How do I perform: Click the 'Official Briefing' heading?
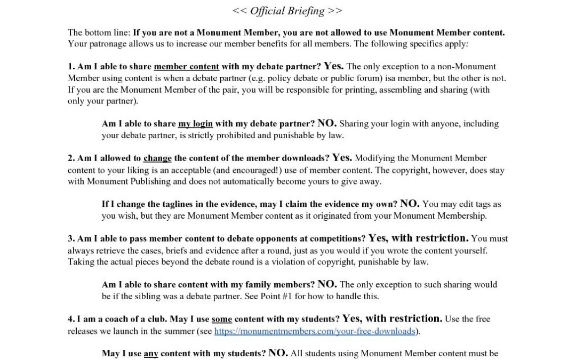[287, 11]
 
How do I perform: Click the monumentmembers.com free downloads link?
[314, 331]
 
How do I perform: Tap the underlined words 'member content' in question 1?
[186, 67]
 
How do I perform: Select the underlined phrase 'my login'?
[195, 124]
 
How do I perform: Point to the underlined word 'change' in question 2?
[157, 158]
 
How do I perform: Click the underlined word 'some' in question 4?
[222, 319]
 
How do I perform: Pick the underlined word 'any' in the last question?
[151, 354]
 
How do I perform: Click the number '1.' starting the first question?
[71, 67]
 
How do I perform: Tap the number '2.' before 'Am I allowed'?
[71, 158]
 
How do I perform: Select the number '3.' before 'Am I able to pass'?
[71, 239]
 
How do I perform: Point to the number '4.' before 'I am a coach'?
[71, 319]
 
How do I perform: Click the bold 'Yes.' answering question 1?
[334, 66]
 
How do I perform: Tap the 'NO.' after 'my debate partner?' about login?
[327, 123]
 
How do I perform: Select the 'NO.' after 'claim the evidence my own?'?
[410, 204]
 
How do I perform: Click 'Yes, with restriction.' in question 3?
[419, 238]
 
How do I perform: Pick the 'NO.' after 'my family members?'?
[327, 284]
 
